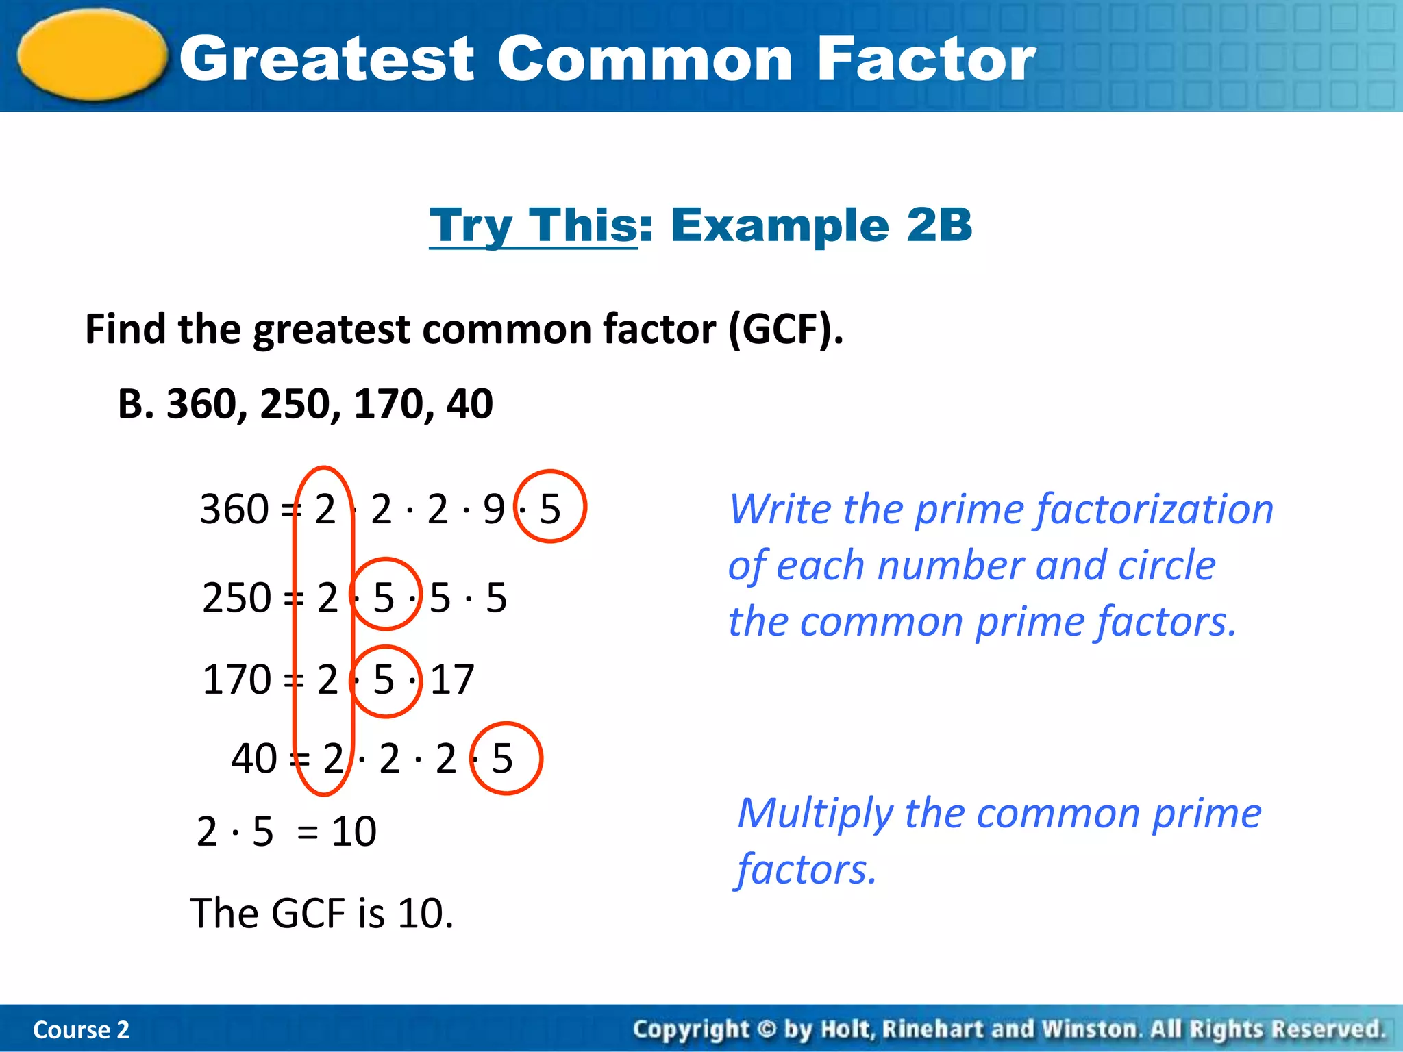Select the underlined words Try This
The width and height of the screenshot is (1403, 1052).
(534, 225)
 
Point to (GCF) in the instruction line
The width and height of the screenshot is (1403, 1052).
(785, 329)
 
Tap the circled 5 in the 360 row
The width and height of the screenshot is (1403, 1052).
(550, 508)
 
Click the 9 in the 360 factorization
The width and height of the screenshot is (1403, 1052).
(493, 509)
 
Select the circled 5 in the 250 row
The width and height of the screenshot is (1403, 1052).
(384, 597)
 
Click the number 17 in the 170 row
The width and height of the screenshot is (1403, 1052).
(452, 679)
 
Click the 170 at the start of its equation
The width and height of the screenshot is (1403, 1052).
(237, 679)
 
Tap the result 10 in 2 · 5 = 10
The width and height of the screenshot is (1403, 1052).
(353, 831)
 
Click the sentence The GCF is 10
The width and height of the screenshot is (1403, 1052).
(321, 913)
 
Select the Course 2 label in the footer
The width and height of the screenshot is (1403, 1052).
(81, 1029)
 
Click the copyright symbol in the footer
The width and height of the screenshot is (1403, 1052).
(767, 1029)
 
